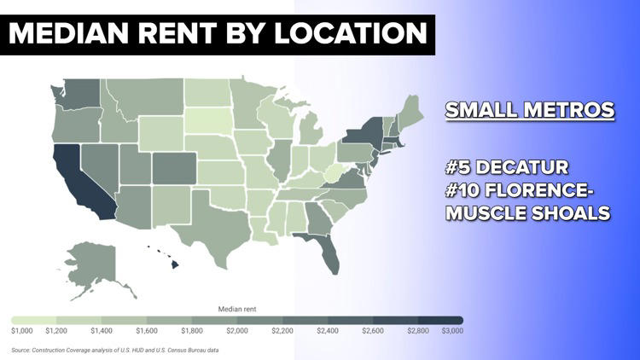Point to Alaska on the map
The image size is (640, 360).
point(89,260)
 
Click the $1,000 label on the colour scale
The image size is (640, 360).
point(22,329)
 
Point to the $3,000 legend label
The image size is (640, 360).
point(452,329)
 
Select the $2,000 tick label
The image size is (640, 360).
point(237,329)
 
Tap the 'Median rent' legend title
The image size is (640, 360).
point(237,307)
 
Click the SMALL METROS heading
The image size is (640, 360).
point(529,110)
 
